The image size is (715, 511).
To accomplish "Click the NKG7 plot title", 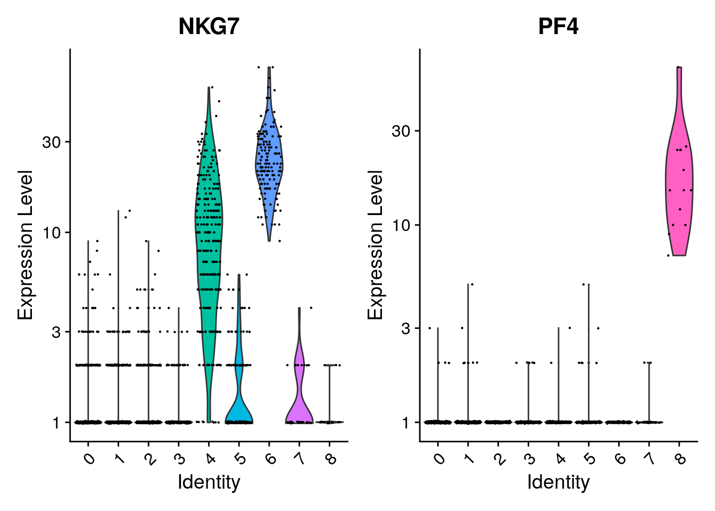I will click(x=209, y=27).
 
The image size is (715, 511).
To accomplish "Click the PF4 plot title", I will click(x=558, y=27).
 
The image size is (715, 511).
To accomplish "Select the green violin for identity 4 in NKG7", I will click(x=209, y=240).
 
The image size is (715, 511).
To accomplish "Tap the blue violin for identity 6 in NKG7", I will click(x=269, y=160).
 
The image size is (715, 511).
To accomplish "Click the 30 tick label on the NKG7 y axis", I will click(x=52, y=142).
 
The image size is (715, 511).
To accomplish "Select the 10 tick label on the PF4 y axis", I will click(x=402, y=225).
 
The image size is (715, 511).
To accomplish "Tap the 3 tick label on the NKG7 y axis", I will click(x=56, y=332).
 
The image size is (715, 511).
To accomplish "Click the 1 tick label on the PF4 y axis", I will click(x=406, y=423).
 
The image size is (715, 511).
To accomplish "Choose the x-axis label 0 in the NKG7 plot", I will click(x=89, y=458).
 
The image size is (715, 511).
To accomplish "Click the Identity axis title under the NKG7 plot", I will click(x=209, y=482).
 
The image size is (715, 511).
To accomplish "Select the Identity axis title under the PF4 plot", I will click(x=558, y=482).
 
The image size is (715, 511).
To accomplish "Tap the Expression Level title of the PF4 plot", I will click(x=375, y=245).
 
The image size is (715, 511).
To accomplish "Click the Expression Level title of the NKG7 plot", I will click(x=25, y=245).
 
